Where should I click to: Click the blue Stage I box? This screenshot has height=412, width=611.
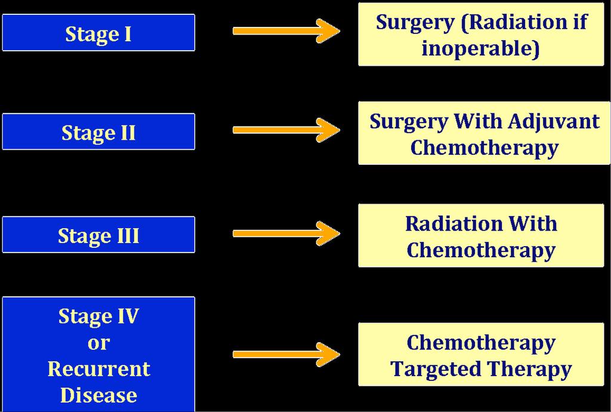pos(98,33)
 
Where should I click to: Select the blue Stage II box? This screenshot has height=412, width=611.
pos(98,132)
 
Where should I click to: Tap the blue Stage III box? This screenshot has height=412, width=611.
pos(98,235)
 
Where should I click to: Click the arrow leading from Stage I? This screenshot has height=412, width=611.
pos(286,31)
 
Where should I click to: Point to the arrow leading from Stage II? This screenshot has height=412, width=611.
pos(286,130)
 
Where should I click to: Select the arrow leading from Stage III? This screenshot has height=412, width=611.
pos(286,233)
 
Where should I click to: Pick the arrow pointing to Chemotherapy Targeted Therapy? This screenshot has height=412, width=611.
pos(286,354)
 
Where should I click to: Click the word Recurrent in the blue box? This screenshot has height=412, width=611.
pos(99,369)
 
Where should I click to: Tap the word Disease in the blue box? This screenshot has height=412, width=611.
pos(98,395)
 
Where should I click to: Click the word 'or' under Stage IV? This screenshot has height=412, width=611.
pos(98,343)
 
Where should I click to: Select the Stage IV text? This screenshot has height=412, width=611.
pos(98,316)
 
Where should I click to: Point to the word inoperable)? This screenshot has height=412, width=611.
pos(480,48)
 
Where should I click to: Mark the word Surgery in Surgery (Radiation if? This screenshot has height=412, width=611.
pos(415,23)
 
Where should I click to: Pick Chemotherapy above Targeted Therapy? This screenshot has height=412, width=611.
pos(481,343)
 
